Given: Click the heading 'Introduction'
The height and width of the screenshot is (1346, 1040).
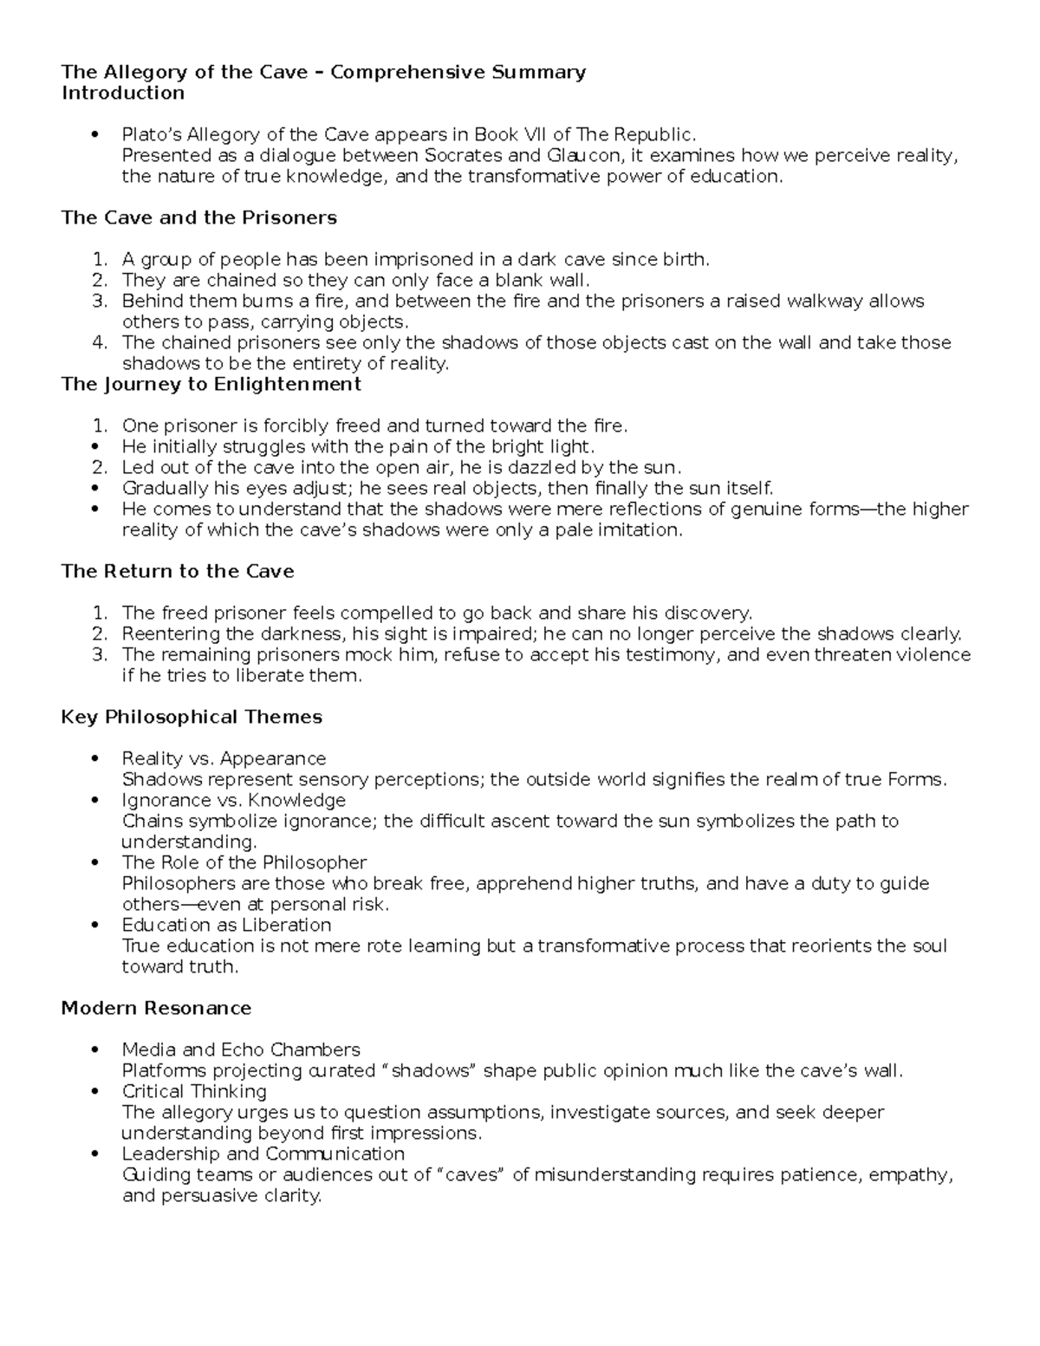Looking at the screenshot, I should (122, 93).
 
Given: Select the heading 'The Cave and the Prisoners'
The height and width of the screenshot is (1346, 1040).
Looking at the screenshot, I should (198, 218).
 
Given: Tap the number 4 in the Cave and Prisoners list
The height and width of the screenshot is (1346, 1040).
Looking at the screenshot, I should (100, 343).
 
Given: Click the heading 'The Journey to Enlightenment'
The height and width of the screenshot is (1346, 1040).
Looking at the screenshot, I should (211, 384).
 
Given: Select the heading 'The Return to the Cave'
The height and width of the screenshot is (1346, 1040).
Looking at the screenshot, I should (177, 571).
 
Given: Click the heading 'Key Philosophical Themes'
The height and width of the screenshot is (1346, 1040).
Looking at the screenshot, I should (191, 717).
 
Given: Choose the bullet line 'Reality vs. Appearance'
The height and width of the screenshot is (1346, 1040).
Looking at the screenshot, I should (224, 759).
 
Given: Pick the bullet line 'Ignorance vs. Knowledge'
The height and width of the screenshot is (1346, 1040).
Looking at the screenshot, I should (233, 801).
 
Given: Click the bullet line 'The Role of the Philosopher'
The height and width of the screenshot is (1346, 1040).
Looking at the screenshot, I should (244, 863).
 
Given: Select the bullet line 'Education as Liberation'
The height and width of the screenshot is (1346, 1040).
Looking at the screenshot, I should (226, 926).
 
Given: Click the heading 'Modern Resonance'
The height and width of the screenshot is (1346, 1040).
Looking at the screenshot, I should (156, 1008).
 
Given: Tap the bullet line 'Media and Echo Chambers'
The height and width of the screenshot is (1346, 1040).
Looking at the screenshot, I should (241, 1050).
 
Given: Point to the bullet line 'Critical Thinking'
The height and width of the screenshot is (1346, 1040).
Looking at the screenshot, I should (194, 1092).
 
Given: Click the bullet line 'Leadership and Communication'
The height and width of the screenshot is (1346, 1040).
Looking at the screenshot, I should (263, 1154).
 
